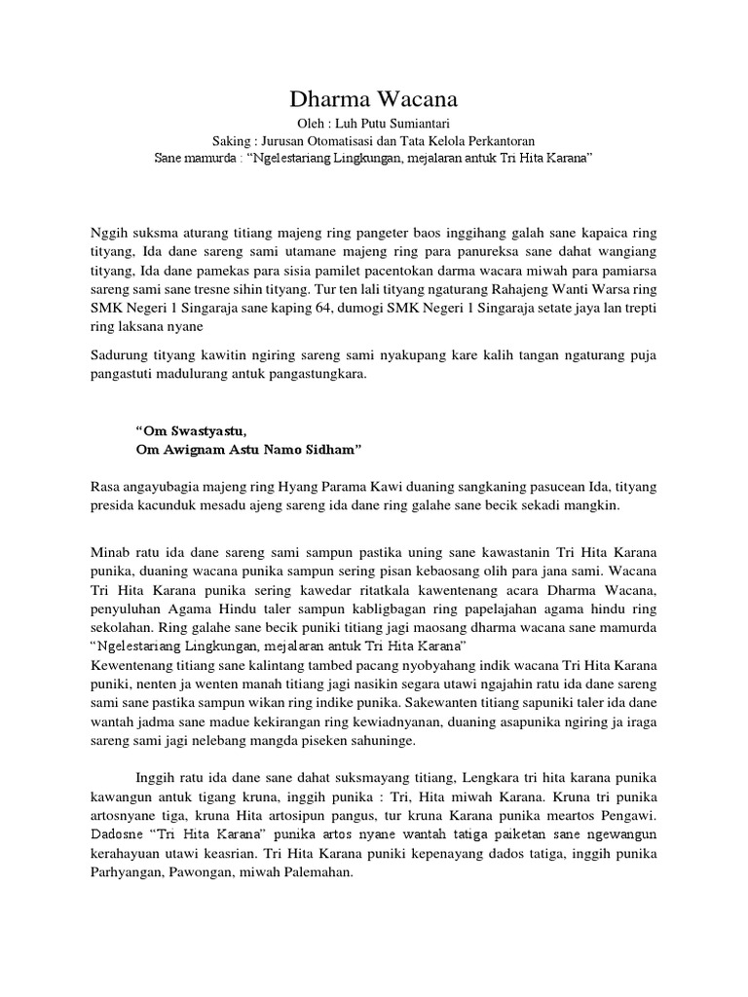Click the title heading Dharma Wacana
coord(374,100)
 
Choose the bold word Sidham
coord(334,448)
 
